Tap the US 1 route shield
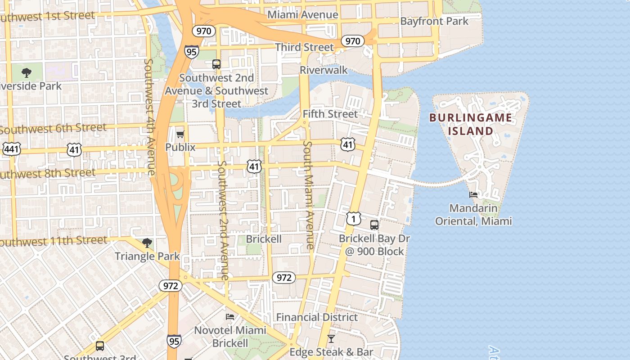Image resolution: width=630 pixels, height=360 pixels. [x=354, y=219]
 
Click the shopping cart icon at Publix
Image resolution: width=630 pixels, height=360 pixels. [x=180, y=134]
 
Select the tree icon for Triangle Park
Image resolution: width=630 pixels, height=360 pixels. [x=147, y=243]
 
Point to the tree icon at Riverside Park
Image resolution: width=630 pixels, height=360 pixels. [x=27, y=72]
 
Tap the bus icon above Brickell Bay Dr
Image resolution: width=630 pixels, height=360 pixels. [x=374, y=225]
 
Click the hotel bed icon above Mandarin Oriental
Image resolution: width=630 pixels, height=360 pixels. [x=473, y=195]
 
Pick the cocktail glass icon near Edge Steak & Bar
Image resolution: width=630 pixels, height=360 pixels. [x=331, y=338]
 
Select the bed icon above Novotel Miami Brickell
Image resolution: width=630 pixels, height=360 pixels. [x=230, y=317]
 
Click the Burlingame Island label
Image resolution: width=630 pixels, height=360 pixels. [x=470, y=125]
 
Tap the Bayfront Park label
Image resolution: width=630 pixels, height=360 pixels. [x=434, y=21]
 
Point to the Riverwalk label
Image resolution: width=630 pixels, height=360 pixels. [x=324, y=70]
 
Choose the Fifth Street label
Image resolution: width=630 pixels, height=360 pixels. [x=330, y=114]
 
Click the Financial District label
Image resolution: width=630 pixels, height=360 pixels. [x=317, y=317]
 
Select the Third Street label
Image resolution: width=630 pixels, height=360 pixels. [x=305, y=47]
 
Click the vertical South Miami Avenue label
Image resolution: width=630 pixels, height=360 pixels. [x=309, y=195]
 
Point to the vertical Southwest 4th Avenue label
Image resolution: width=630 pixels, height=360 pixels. [x=149, y=117]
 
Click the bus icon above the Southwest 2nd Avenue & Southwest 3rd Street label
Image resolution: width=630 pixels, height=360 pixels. [x=216, y=64]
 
